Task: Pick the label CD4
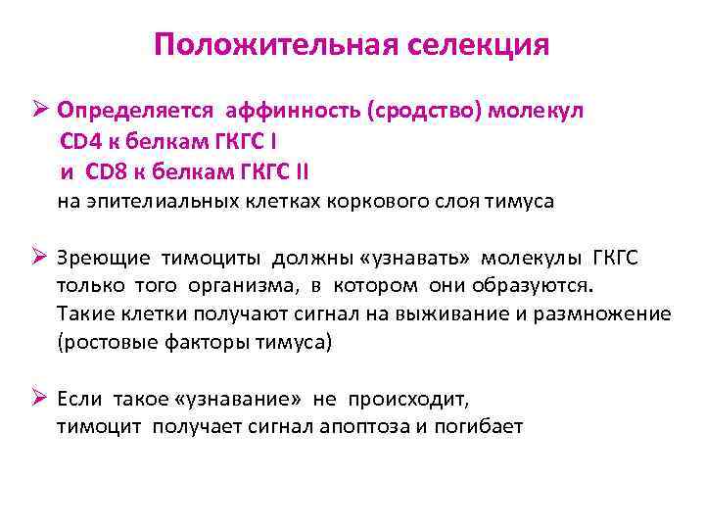point(80,141)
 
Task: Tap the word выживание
point(448,313)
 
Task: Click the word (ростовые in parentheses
point(102,341)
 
